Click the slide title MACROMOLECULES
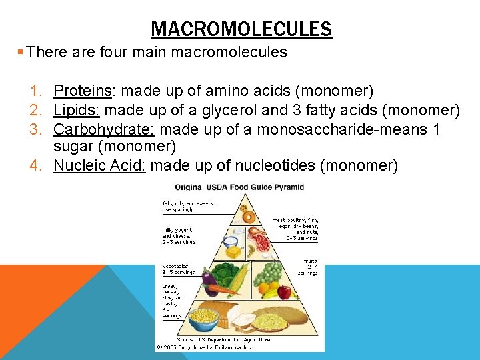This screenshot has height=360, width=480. (241, 29)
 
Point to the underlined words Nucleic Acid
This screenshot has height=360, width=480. (99, 165)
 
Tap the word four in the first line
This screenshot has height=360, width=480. (120, 52)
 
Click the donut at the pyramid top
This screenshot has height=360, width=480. (248, 216)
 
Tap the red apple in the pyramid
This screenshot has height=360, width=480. (285, 292)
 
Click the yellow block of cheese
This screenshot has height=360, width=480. (233, 251)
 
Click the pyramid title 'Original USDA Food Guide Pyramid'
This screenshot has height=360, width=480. (239, 187)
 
